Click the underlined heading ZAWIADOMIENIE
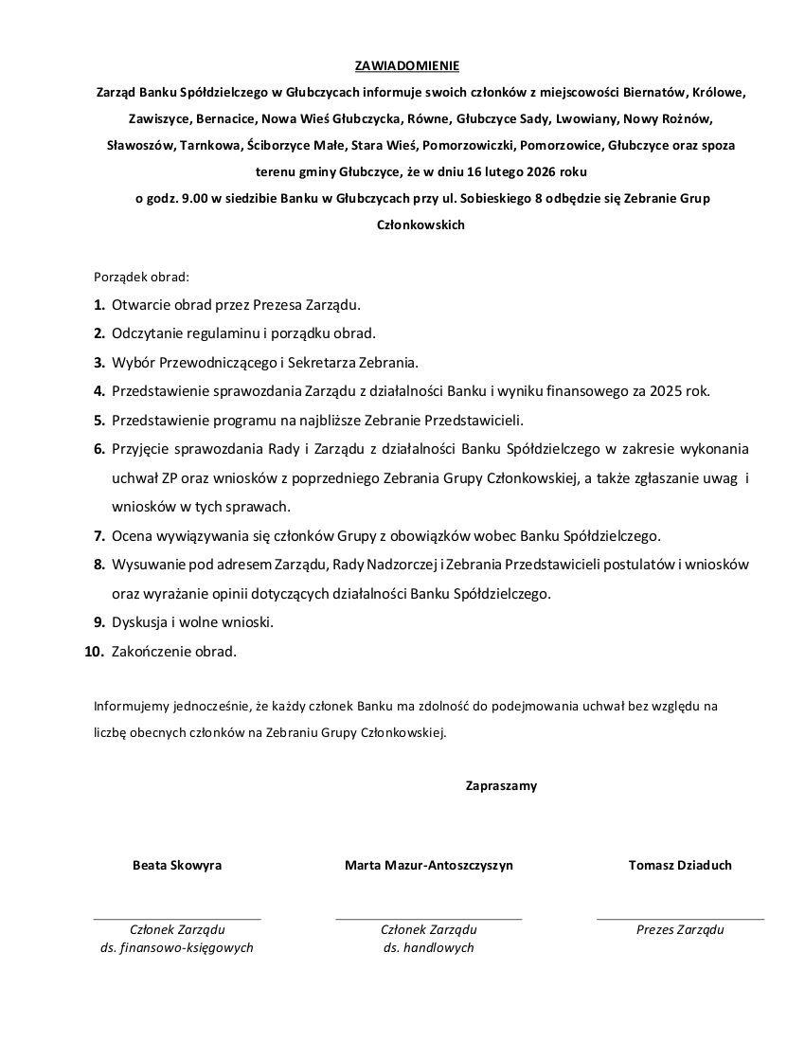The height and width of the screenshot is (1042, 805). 406,66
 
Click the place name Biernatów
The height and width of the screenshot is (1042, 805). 656,93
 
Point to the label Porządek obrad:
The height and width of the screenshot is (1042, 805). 141,278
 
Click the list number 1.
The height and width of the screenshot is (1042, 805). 98,305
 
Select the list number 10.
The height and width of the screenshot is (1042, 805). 94,652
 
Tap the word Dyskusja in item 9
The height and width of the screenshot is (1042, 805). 140,622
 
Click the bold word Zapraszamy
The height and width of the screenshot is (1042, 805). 501,785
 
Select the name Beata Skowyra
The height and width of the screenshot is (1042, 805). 177,865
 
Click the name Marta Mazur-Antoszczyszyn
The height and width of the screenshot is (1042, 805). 429,865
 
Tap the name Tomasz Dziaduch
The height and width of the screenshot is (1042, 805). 680,865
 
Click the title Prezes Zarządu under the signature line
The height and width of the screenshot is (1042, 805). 680,929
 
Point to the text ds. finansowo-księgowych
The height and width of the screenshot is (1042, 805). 177,947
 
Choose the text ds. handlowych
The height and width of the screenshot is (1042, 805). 429,947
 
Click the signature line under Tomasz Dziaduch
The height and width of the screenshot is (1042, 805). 680,919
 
